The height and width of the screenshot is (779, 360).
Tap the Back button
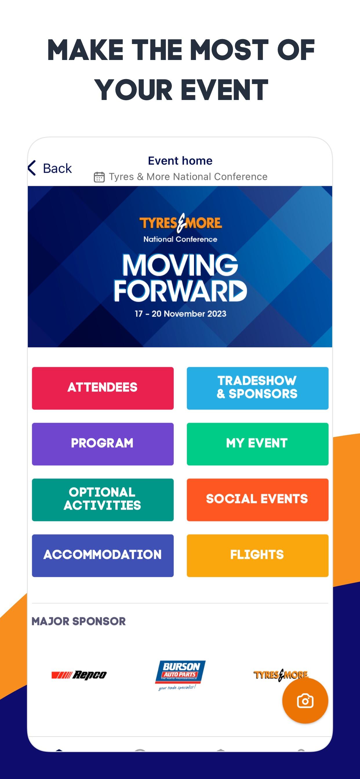(x=50, y=168)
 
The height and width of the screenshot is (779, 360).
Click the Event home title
(x=180, y=161)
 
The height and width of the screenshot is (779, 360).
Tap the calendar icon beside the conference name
(x=99, y=177)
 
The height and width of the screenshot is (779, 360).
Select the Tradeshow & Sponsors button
(x=257, y=388)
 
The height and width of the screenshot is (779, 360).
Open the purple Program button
(x=103, y=444)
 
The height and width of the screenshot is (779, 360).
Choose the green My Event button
(x=257, y=444)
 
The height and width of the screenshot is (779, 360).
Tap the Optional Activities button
(x=103, y=500)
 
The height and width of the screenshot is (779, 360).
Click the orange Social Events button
(x=257, y=500)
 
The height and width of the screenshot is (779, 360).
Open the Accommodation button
(x=103, y=556)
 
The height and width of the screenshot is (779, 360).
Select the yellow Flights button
(x=257, y=556)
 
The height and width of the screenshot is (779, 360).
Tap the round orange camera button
(x=305, y=701)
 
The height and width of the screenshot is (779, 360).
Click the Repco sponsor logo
(x=79, y=675)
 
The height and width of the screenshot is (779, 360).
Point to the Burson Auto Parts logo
(x=180, y=675)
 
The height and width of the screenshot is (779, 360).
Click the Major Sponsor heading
(x=79, y=621)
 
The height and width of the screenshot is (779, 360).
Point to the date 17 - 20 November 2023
(x=181, y=314)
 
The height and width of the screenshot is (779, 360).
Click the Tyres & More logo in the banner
(x=181, y=223)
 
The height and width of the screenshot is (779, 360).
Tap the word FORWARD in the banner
(x=180, y=291)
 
